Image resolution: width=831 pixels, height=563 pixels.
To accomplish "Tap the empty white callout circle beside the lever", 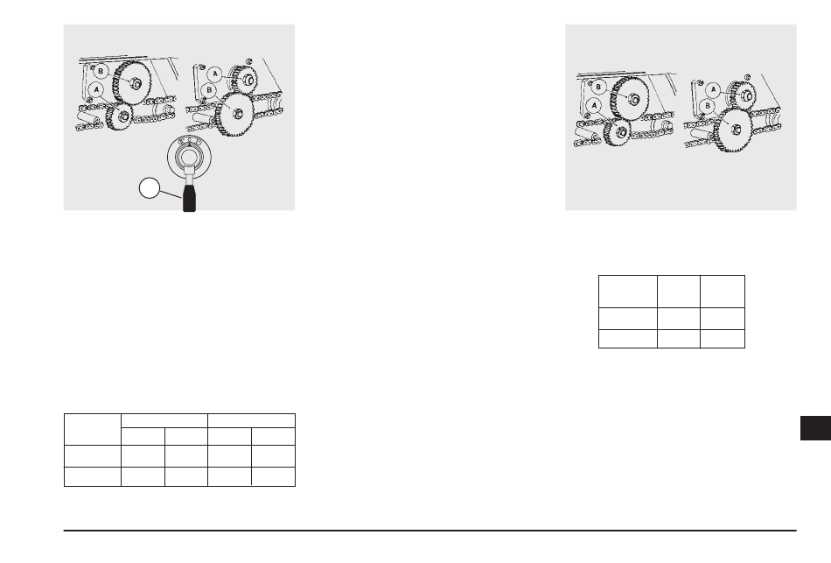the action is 150,188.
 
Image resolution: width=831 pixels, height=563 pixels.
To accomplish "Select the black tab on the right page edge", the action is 815,428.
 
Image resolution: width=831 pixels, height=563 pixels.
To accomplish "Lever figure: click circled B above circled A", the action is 101,71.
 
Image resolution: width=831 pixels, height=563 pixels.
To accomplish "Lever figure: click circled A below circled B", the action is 96,89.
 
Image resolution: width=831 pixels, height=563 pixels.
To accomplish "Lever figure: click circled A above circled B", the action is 214,74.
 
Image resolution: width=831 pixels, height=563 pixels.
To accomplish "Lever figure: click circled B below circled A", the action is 210,90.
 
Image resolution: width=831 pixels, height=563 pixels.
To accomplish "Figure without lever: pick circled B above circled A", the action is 598,87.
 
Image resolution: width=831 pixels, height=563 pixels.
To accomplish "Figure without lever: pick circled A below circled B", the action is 595,106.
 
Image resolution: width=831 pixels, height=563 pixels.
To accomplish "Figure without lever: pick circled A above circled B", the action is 713,89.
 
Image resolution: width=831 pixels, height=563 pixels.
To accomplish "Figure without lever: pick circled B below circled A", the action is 708,106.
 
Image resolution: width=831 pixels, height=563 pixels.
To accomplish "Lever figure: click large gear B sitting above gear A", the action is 133,83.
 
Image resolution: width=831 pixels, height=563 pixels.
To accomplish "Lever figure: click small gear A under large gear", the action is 119,116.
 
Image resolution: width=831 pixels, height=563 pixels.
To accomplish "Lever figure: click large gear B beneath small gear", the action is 234,113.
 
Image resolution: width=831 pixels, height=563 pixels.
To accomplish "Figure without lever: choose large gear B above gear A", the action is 631,99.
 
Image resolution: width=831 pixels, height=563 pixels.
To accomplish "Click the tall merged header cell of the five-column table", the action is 93,429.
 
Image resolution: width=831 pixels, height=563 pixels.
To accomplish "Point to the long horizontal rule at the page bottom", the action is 429,530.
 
